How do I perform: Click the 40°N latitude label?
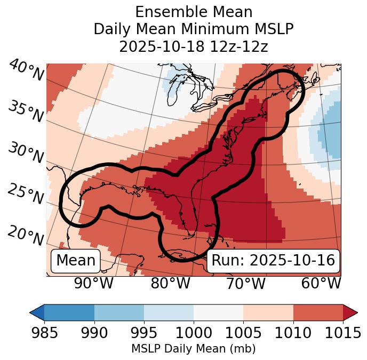click(x=26, y=71)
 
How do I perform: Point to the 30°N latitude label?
click(x=26, y=153)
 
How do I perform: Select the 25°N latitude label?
click(x=26, y=194)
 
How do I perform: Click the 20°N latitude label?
click(x=26, y=236)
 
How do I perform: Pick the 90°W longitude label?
click(x=93, y=283)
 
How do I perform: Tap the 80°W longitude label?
click(x=170, y=283)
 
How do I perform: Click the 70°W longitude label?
click(x=245, y=283)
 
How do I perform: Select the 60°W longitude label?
click(x=321, y=283)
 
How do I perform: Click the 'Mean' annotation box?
click(x=76, y=261)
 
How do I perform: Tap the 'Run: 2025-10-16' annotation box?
click(x=273, y=261)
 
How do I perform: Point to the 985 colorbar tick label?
click(x=44, y=333)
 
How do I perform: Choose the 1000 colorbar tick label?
click(x=193, y=333)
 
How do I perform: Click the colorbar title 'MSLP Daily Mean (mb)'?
click(x=193, y=349)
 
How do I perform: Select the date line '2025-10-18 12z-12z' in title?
click(x=193, y=46)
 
